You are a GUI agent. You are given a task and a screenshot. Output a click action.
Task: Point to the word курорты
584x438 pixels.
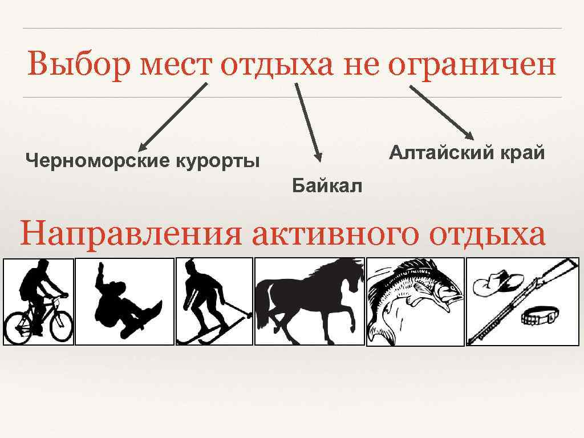coord(217,161)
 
